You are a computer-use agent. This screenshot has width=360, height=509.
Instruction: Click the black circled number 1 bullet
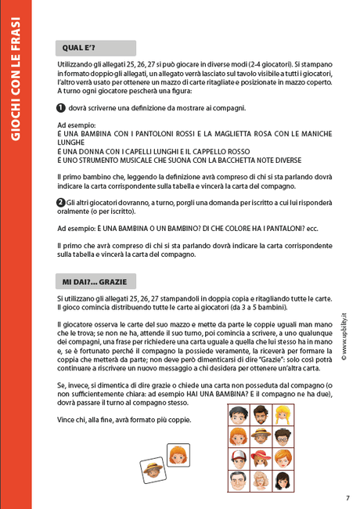coord(61,108)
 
